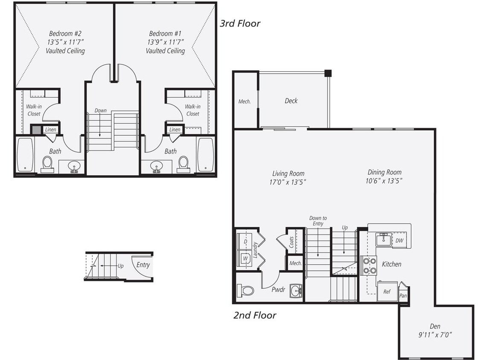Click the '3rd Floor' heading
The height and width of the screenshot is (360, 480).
click(x=240, y=23)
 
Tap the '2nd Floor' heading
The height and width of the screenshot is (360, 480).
click(x=255, y=316)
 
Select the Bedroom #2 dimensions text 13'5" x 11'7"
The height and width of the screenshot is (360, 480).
click(x=65, y=42)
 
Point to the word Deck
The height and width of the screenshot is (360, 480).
click(x=291, y=101)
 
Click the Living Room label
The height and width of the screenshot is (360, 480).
click(x=288, y=173)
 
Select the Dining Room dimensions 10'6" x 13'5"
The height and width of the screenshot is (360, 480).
click(x=384, y=181)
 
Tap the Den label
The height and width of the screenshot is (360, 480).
click(x=435, y=326)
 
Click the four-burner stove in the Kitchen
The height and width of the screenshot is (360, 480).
click(x=369, y=265)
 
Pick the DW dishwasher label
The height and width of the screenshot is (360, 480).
click(x=399, y=241)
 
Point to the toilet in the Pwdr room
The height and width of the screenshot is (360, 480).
click(x=246, y=290)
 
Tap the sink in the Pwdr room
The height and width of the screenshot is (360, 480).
click(x=295, y=291)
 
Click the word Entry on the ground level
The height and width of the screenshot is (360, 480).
click(x=143, y=265)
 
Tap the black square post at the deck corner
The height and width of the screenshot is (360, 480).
click(x=328, y=73)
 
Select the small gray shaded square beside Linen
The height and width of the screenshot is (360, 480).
click(x=35, y=129)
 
